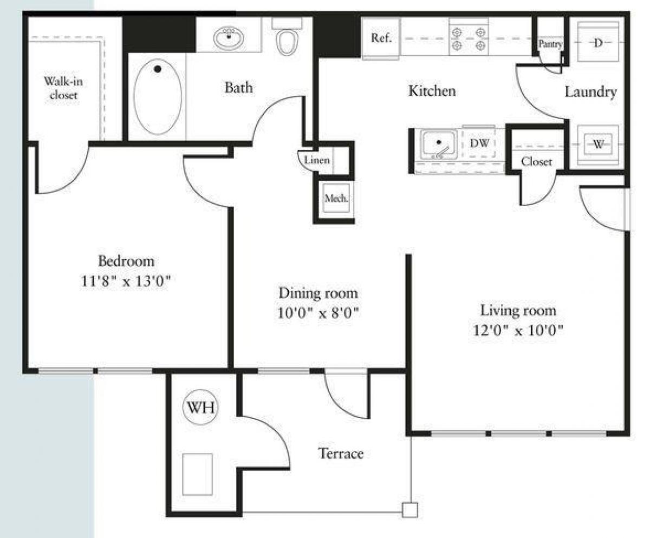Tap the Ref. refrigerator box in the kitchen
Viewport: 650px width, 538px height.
[381, 38]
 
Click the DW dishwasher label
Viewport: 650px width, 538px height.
[479, 143]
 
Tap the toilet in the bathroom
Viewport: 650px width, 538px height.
[287, 40]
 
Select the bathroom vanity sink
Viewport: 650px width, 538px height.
[229, 38]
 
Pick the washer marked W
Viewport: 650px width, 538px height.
[598, 144]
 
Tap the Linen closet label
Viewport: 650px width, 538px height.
[316, 161]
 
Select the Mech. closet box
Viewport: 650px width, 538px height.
[335, 198]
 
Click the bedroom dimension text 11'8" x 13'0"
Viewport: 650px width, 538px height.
[126, 281]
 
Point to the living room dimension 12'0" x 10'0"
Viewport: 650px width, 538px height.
[518, 331]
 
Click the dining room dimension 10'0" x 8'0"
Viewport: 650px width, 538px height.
[318, 313]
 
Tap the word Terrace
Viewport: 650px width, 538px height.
[340, 453]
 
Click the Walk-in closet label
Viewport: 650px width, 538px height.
[61, 88]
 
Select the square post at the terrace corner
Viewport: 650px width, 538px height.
[410, 510]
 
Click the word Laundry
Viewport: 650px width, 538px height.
[590, 92]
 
